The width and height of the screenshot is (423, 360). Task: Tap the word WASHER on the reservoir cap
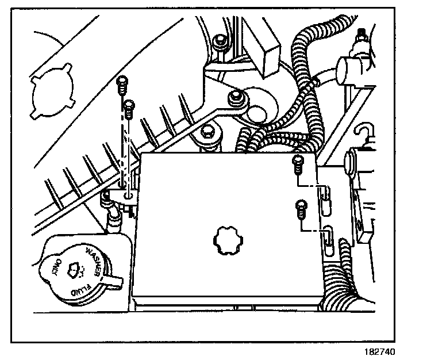pos(95,259)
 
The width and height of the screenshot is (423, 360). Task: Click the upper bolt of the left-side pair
pos(121,83)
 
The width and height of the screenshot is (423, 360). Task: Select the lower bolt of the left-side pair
pos(129,105)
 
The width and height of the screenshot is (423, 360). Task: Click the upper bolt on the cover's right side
pos(298,163)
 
